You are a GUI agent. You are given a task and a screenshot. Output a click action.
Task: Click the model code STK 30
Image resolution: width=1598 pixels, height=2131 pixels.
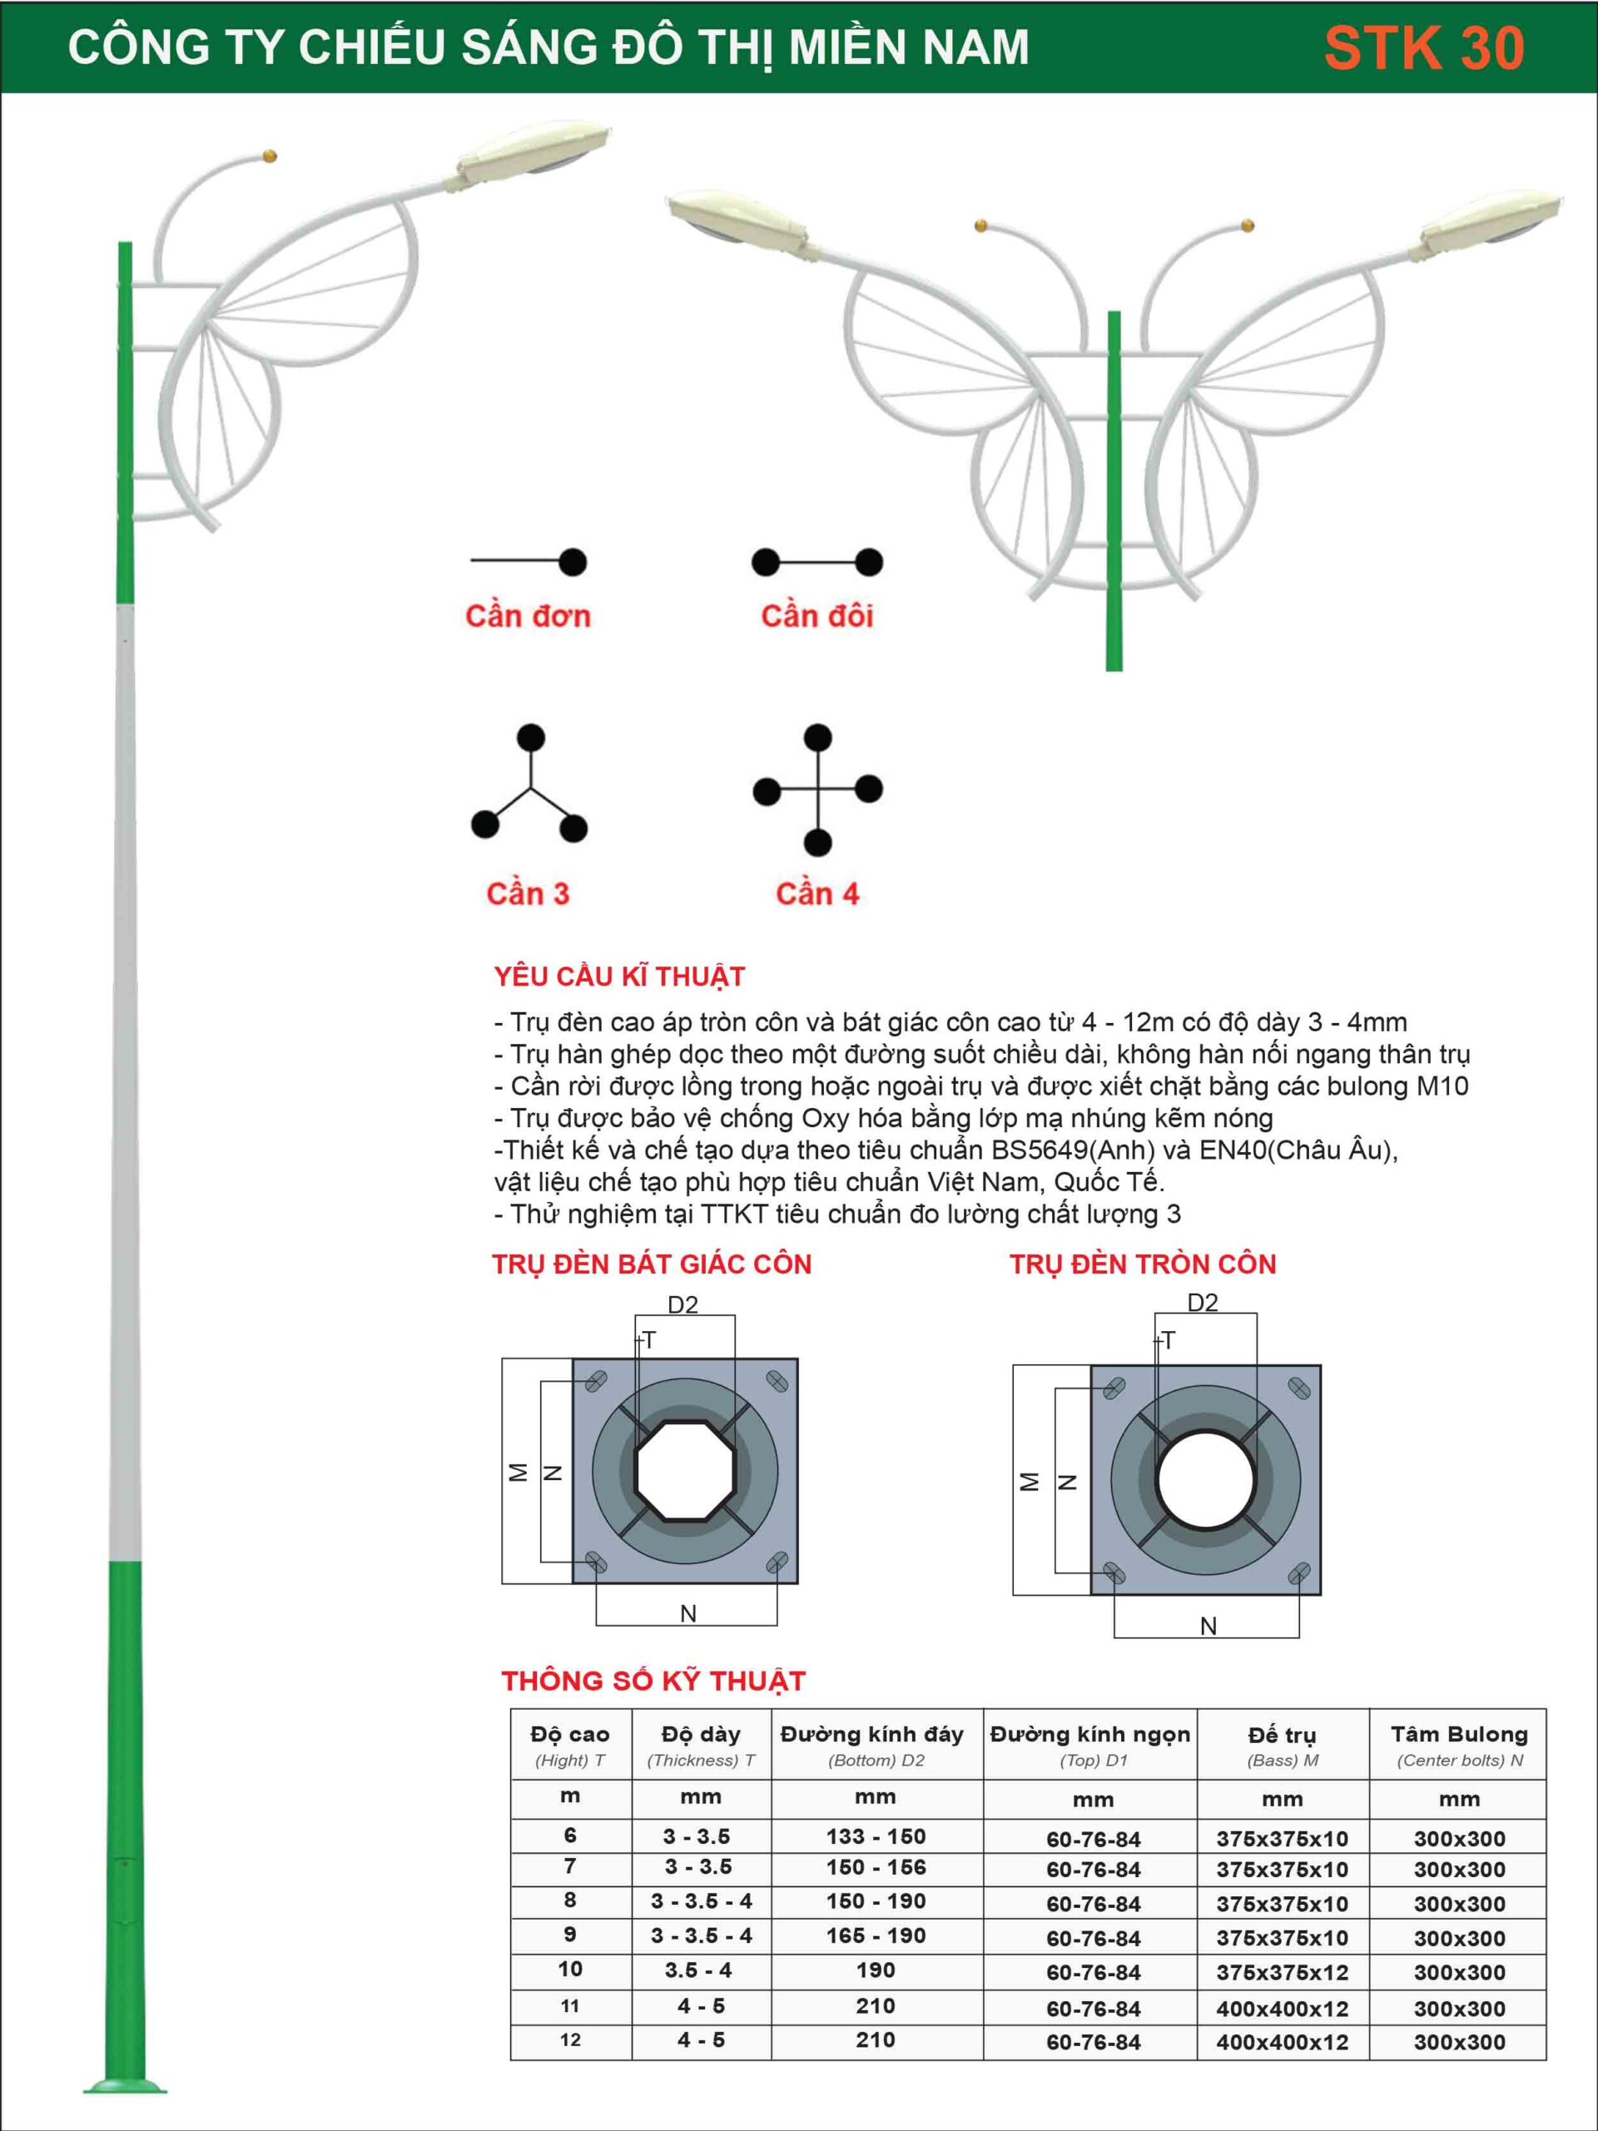pyautogui.click(x=1424, y=48)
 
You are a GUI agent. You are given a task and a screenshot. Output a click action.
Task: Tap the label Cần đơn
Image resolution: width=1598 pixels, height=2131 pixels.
pyautogui.click(x=527, y=616)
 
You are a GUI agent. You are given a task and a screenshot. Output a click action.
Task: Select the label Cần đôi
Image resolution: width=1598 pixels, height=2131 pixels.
pyautogui.click(x=816, y=616)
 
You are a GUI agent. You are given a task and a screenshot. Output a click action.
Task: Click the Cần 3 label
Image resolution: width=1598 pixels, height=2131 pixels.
pyautogui.click(x=527, y=893)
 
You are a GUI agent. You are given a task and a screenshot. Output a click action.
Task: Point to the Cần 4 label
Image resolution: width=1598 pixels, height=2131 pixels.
pyautogui.click(x=816, y=893)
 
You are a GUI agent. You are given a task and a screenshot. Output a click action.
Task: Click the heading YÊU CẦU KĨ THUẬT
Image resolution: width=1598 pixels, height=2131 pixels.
pyautogui.click(x=619, y=977)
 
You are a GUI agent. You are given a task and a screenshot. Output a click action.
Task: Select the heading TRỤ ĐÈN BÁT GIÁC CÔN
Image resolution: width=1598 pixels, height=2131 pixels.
pyautogui.click(x=653, y=1264)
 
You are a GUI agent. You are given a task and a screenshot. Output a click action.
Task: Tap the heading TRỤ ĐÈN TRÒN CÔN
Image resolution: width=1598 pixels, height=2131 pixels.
pyautogui.click(x=1143, y=1264)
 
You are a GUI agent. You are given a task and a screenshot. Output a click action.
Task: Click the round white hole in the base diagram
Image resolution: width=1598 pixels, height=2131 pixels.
pyautogui.click(x=1205, y=1478)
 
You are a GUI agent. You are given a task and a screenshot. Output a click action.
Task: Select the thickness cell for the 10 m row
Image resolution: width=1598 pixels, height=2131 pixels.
pyautogui.click(x=699, y=1970)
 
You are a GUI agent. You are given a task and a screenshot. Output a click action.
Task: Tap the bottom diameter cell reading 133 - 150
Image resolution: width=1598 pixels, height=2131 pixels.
pyautogui.click(x=876, y=1836)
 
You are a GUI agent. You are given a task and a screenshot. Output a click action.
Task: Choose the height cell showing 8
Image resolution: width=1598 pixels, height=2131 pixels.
pyautogui.click(x=570, y=1900)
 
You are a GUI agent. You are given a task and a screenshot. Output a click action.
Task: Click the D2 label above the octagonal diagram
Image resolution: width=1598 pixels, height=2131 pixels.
pyautogui.click(x=683, y=1304)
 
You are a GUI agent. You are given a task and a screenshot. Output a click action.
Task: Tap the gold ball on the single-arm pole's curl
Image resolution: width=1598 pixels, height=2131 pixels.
pyautogui.click(x=270, y=155)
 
